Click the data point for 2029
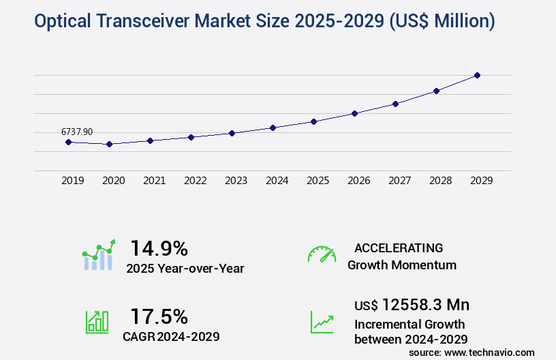tap(477, 75)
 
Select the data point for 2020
tap(109, 144)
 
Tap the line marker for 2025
tap(313, 121)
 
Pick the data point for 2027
tap(395, 104)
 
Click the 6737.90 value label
tap(77, 132)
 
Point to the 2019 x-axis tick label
tap(73, 181)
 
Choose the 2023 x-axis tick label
tap(236, 181)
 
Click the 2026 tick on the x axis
tap(359, 181)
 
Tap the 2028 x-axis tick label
tap(441, 181)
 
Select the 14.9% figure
tap(159, 248)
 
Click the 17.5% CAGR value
tap(159, 316)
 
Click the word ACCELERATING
tap(399, 248)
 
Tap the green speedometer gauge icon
tap(322, 254)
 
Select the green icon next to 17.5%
tap(97, 322)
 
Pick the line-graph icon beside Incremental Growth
tap(322, 322)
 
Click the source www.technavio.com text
tap(472, 352)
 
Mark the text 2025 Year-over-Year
tap(185, 269)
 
